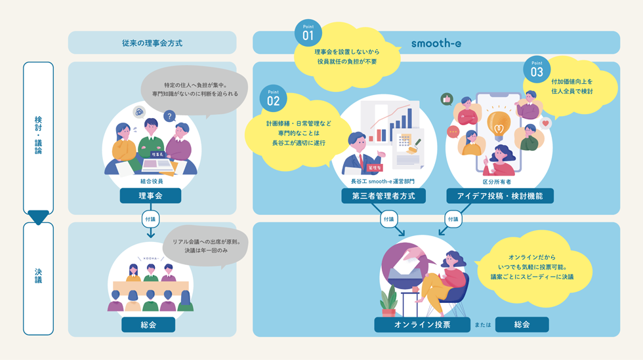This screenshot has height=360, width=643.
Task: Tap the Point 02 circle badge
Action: (274, 98)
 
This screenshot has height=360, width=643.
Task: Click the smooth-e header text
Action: (436, 43)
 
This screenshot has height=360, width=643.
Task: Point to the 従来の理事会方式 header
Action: (152, 43)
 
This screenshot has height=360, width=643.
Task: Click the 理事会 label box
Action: (150, 195)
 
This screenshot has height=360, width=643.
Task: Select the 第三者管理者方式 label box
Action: (383, 195)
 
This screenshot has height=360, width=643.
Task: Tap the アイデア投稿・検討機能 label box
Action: (500, 195)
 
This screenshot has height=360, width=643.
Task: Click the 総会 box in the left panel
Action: (148, 325)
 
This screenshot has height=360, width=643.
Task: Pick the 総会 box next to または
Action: (522, 325)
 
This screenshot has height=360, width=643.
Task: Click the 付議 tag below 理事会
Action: (150, 219)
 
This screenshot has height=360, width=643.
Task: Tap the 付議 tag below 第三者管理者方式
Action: (389, 219)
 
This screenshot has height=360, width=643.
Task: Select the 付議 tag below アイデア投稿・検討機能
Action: (453, 219)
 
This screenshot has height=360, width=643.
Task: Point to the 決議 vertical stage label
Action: (38, 275)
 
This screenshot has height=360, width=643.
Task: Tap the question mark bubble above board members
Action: (170, 116)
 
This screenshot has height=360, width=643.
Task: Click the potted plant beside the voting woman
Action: (388, 302)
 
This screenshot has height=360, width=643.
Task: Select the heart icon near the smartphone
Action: (545, 123)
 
